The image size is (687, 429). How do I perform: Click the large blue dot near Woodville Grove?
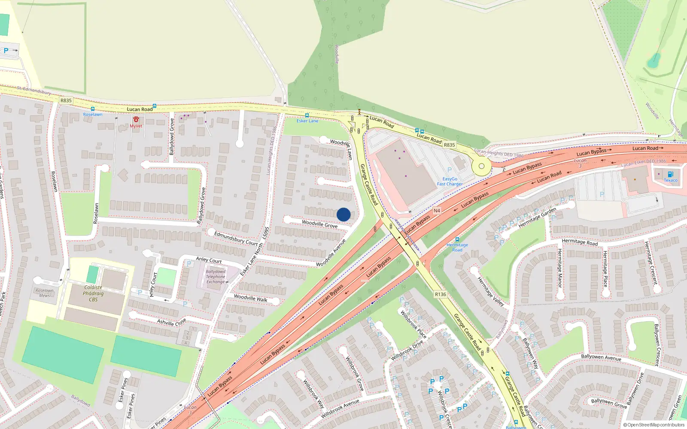click(x=343, y=214)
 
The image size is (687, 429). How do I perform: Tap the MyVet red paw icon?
click(x=136, y=119)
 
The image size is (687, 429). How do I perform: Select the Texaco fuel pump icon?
click(x=670, y=174)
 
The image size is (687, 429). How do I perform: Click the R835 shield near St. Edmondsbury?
click(x=66, y=100)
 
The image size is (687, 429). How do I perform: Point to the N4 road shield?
click(x=437, y=211)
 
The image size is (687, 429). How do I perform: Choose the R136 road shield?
click(x=440, y=294)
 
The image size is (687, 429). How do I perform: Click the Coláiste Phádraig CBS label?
click(x=93, y=293)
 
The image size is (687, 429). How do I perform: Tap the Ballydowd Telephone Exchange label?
click(x=216, y=277)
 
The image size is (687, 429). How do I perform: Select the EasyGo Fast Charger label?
click(x=450, y=181)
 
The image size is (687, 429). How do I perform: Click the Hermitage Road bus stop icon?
click(x=457, y=239)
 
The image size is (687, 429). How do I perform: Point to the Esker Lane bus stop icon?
click(x=307, y=115)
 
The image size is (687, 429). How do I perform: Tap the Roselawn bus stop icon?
click(x=93, y=109)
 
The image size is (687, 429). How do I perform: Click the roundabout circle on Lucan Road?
click(x=481, y=166)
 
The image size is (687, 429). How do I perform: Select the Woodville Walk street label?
click(x=251, y=298)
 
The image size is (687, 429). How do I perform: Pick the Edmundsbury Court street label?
click(x=236, y=239)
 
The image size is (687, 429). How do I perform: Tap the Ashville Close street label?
click(x=171, y=322)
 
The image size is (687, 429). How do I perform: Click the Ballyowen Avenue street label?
click(x=601, y=357)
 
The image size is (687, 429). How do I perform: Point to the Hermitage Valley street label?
click(x=491, y=291)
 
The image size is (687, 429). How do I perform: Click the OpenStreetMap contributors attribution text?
click(x=654, y=425)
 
